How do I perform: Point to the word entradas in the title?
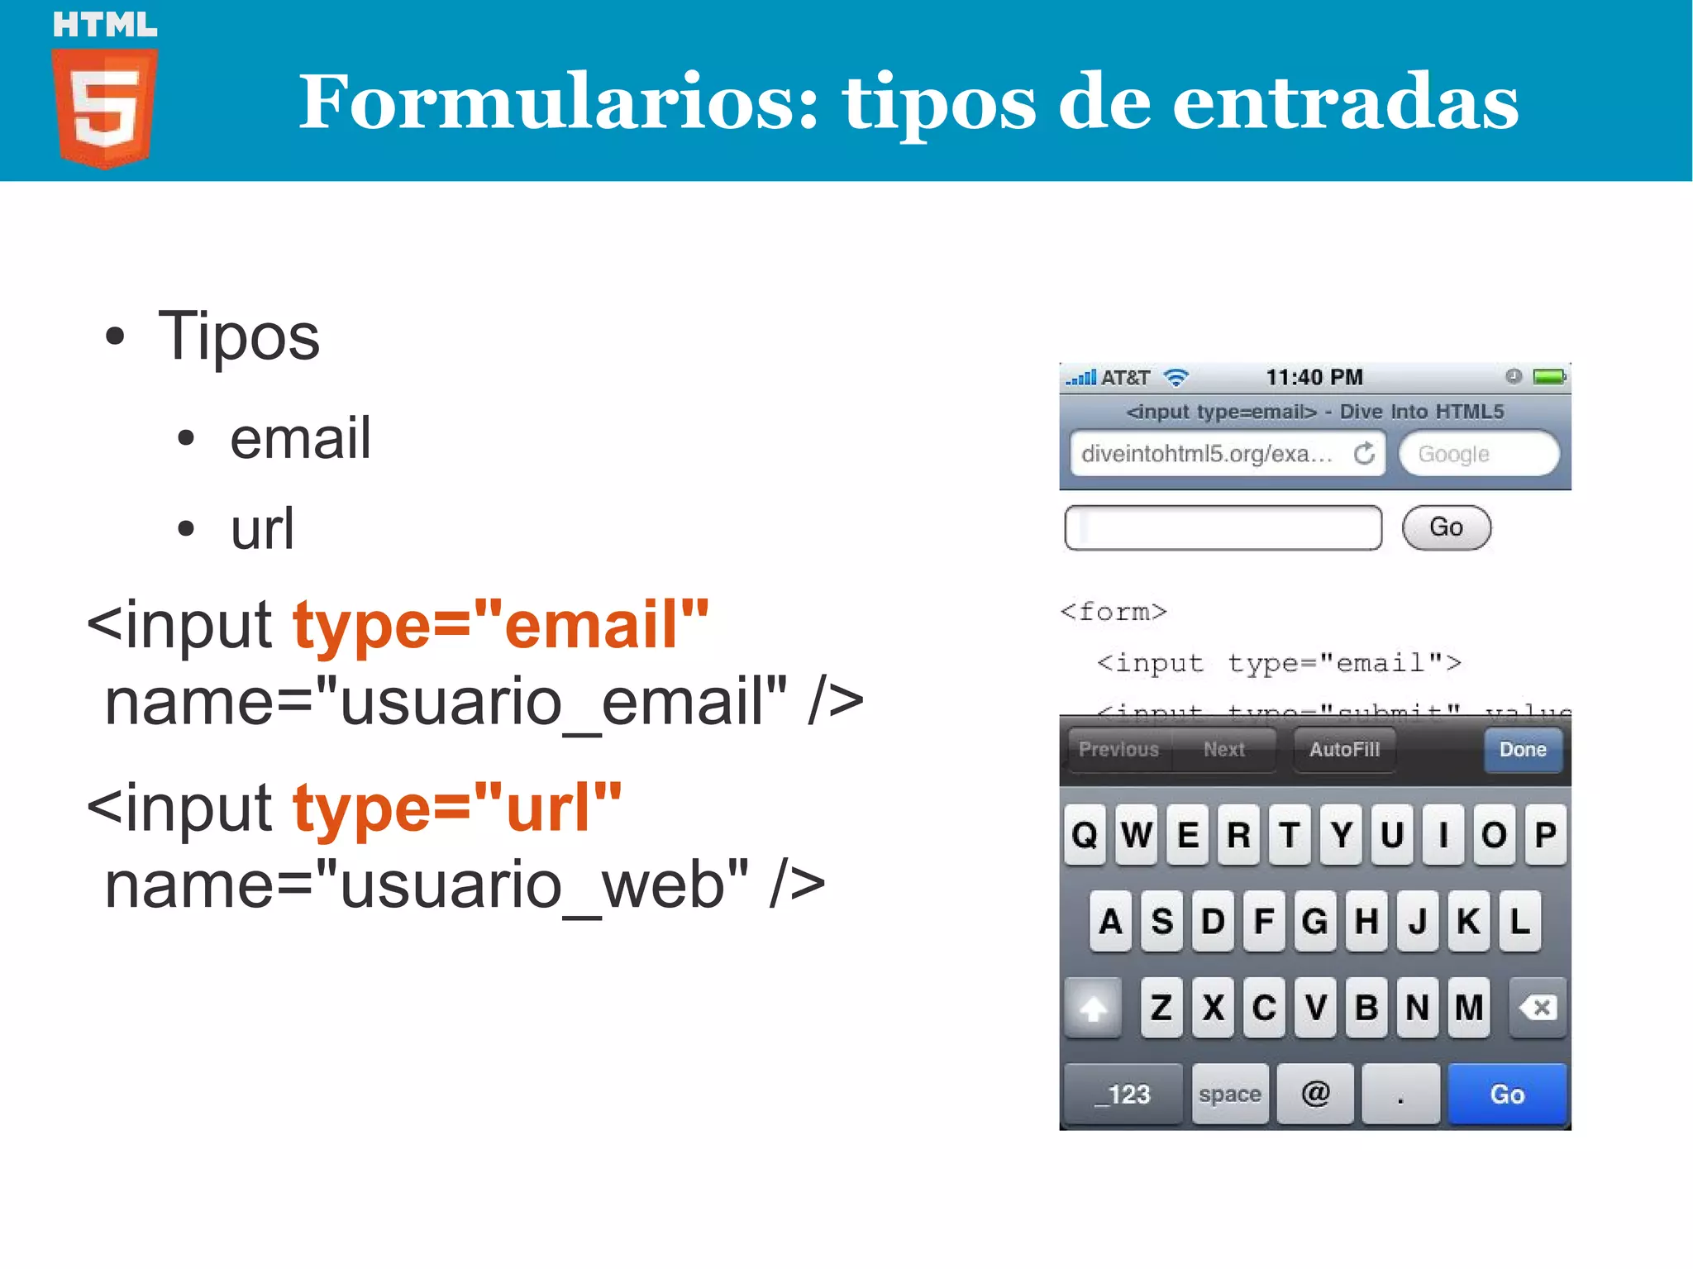click(1345, 103)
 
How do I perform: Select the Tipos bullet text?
click(238, 336)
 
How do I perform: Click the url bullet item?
click(262, 529)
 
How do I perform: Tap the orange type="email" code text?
click(501, 625)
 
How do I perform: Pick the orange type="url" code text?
click(457, 808)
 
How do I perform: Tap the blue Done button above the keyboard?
click(1522, 750)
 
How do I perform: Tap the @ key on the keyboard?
click(1315, 1094)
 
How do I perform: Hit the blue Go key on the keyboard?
click(1507, 1094)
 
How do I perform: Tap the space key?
click(1229, 1094)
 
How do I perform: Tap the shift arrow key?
click(1093, 1008)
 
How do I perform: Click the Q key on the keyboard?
click(1085, 835)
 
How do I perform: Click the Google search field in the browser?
click(1478, 454)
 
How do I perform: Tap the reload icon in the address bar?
click(1364, 453)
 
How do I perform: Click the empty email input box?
click(1223, 527)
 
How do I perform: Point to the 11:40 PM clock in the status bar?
click(1314, 378)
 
